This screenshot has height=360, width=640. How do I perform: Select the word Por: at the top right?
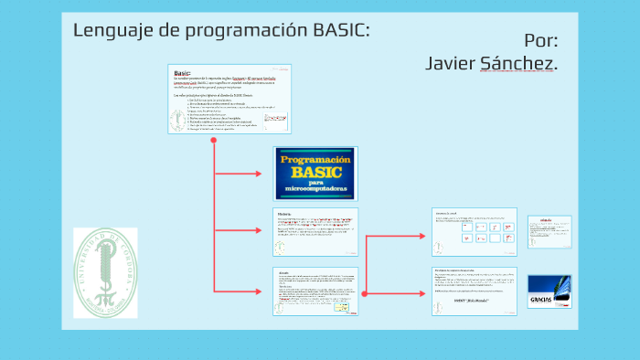tap(541, 40)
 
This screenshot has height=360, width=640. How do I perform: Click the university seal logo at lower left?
tap(105, 272)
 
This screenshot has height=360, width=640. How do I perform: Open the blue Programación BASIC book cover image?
tap(315, 173)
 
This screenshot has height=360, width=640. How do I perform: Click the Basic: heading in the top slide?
tap(182, 72)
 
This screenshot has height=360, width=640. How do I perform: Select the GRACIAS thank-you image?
tap(549, 291)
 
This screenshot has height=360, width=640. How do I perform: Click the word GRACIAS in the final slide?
tap(541, 301)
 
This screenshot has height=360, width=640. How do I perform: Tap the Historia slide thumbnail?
tap(315, 232)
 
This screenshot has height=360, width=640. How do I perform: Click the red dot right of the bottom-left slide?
tap(364, 292)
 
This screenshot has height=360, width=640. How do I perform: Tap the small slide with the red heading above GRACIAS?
tap(549, 231)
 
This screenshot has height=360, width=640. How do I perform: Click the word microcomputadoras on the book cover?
tap(315, 189)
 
